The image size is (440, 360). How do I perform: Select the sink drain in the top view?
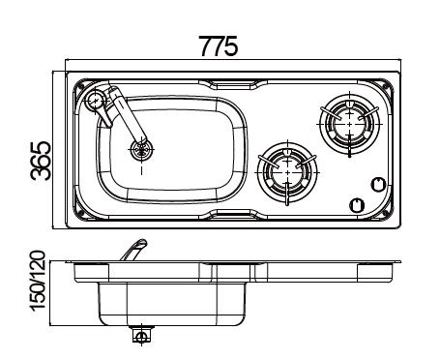[x=142, y=149]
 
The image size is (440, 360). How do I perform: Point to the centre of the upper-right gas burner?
[x=345, y=121]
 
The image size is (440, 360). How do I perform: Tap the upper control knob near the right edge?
[x=378, y=184]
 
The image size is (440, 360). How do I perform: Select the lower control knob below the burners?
[x=356, y=204]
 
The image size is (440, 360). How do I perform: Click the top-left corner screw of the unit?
[x=77, y=82]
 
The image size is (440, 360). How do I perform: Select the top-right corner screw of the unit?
[x=389, y=82]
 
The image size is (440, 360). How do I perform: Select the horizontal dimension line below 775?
[x=233, y=64]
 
